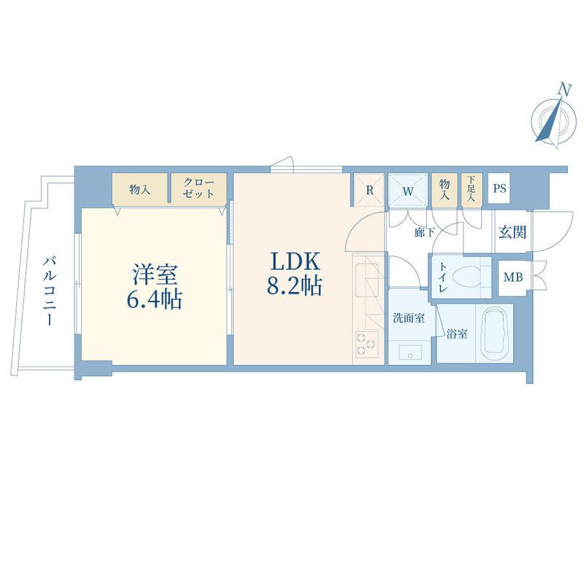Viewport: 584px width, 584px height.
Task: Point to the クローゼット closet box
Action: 199,188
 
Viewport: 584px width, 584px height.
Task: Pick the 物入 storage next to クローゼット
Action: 139,189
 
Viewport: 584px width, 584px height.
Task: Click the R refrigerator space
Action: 369,189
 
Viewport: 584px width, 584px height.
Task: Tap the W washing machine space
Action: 407,189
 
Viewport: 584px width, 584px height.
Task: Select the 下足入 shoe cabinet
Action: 472,189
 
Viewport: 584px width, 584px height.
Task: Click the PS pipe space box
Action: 499,189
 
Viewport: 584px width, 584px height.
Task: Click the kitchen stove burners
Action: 365,342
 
